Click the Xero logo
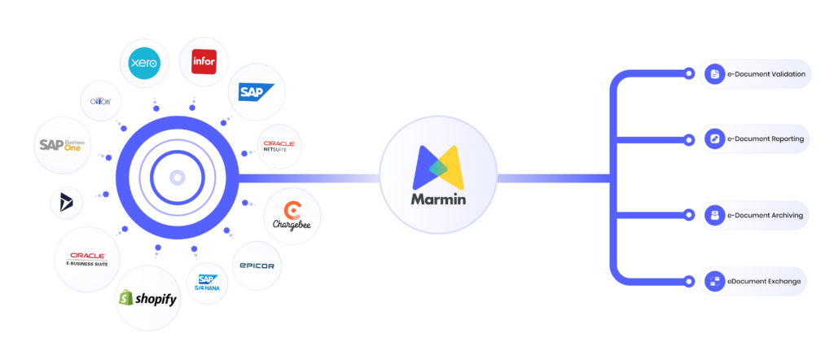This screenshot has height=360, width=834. click(x=143, y=63)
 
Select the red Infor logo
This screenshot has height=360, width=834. click(x=203, y=62)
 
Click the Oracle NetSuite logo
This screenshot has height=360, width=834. click(x=279, y=147)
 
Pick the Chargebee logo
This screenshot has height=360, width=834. click(x=292, y=216)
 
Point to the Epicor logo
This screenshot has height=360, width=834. click(x=257, y=266)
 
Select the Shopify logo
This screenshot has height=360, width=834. click(x=148, y=298)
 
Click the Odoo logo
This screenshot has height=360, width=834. click(x=106, y=100)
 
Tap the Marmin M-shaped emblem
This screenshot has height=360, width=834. click(x=438, y=165)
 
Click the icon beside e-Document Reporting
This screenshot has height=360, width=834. click(x=715, y=139)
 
